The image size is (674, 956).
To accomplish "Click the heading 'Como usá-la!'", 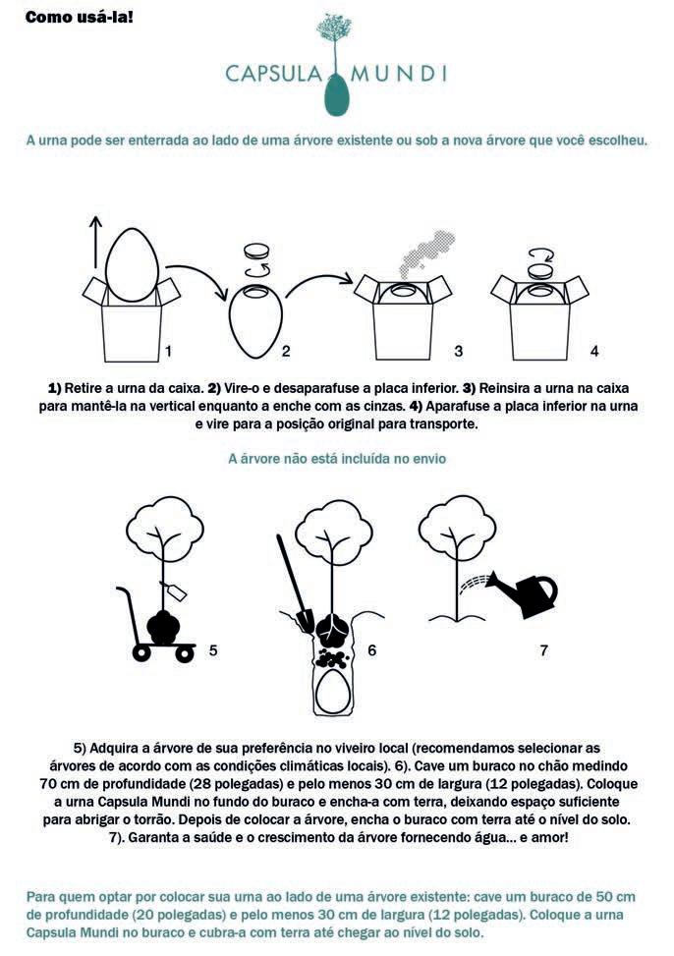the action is (80, 17).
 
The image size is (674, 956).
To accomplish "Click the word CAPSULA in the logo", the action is (273, 74).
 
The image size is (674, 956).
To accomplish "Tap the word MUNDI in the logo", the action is (399, 74).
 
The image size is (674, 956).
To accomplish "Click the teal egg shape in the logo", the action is (336, 94).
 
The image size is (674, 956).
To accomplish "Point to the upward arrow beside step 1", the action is (95, 243).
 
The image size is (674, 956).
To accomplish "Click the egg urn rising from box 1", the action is (131, 264).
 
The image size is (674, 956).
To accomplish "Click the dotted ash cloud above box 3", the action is (427, 253).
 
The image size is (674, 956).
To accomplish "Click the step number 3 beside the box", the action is (458, 351).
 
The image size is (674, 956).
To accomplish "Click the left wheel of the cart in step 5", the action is (141, 653).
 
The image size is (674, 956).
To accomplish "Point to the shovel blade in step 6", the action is (305, 620).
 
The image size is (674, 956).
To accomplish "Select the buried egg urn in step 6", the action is (332, 691).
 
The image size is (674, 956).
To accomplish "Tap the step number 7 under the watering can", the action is (543, 650).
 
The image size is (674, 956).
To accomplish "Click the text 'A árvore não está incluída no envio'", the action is (337, 459).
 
